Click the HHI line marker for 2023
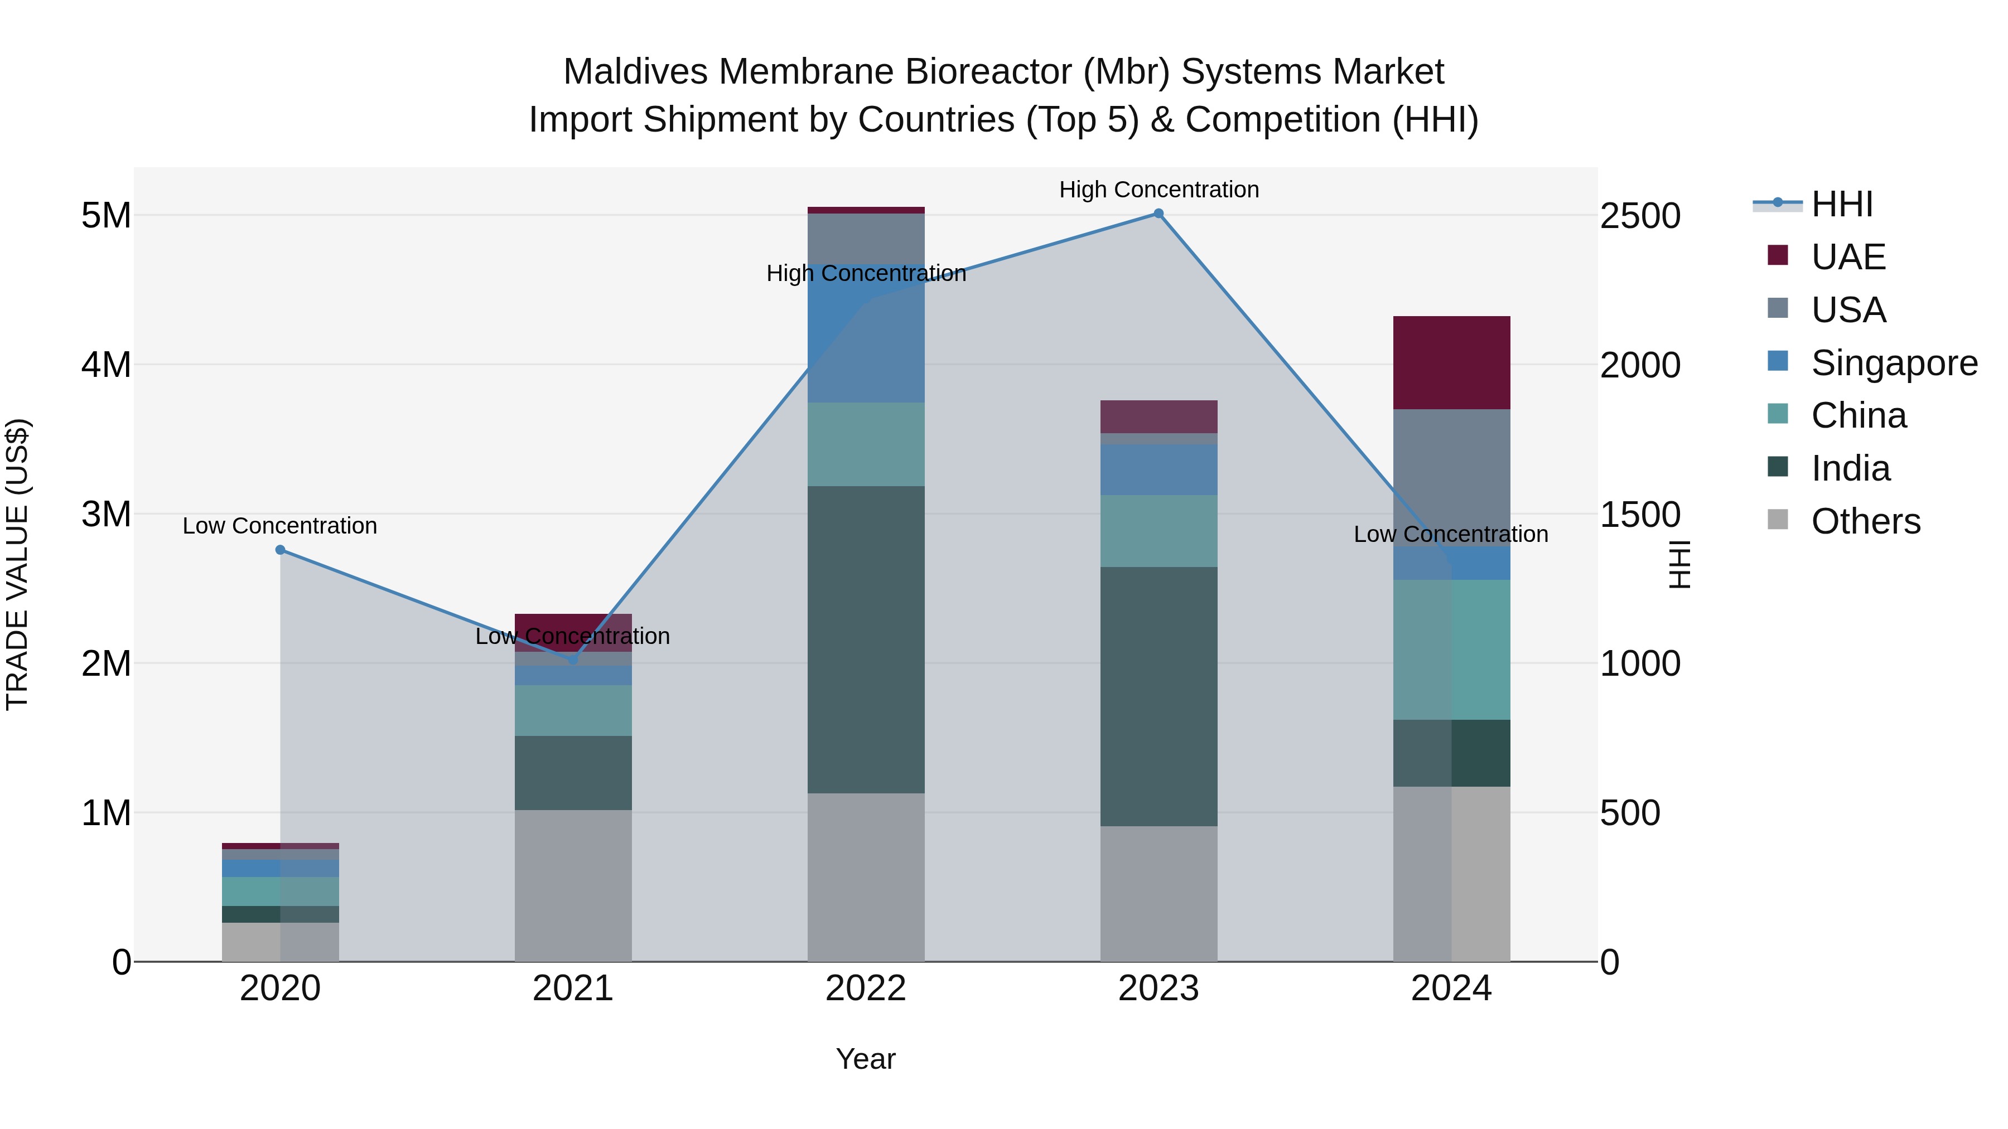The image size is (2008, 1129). (x=1159, y=214)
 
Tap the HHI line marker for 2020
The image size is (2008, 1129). (x=281, y=550)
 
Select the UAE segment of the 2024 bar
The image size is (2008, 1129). (x=1451, y=362)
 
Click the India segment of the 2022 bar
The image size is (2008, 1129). (x=866, y=639)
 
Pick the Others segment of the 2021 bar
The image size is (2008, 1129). (x=573, y=885)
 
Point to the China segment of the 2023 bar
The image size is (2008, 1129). (x=1159, y=531)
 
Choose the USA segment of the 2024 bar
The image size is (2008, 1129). (x=1451, y=477)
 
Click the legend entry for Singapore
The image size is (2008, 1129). (x=1894, y=363)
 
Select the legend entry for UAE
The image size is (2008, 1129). (x=1847, y=257)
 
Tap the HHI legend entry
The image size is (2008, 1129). (x=1841, y=204)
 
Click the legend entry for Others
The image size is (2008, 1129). (x=1865, y=521)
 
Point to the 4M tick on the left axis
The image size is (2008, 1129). (x=106, y=365)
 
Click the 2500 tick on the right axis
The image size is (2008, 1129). (x=1640, y=216)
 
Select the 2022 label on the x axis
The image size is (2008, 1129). (x=865, y=989)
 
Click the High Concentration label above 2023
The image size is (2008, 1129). (x=1159, y=190)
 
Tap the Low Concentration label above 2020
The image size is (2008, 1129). (x=280, y=526)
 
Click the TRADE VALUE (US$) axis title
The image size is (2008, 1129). (x=18, y=564)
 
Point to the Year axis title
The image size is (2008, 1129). (x=865, y=1059)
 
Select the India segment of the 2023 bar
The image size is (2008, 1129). (x=1159, y=696)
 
